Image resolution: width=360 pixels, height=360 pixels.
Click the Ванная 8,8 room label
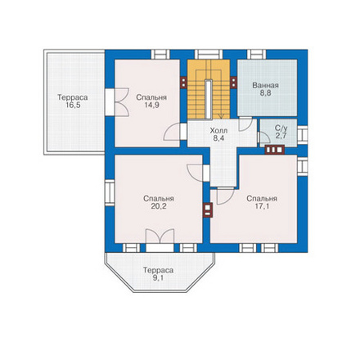pyautogui.click(x=265, y=89)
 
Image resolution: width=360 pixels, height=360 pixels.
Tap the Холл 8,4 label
pyautogui.click(x=218, y=134)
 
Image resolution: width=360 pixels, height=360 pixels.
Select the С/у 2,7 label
pyautogui.click(x=281, y=132)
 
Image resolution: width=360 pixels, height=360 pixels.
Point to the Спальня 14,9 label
pyautogui.click(x=151, y=101)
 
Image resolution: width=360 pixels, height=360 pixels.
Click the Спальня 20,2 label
pyautogui.click(x=159, y=202)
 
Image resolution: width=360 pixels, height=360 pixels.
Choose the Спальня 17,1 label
pyautogui.click(x=262, y=202)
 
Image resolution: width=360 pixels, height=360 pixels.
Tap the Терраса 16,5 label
pyautogui.click(x=73, y=101)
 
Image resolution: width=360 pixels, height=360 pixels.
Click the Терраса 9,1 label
pyautogui.click(x=159, y=274)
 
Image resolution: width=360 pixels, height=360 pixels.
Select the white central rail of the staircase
pyautogui.click(x=209, y=99)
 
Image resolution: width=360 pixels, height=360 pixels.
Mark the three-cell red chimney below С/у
pyautogui.click(x=275, y=150)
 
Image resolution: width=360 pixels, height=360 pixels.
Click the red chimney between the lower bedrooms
pyautogui.click(x=208, y=210)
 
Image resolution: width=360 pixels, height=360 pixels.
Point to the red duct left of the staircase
pyautogui.click(x=183, y=83)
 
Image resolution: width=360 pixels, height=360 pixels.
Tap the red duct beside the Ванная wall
pyautogui.click(x=233, y=83)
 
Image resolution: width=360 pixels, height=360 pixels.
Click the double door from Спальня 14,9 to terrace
pyautogui.click(x=121, y=102)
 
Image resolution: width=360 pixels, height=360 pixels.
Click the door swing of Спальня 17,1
pyautogui.click(x=225, y=196)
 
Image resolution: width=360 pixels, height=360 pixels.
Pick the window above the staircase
pyautogui.click(x=209, y=54)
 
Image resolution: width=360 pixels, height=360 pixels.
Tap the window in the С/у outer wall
pyautogui.click(x=303, y=135)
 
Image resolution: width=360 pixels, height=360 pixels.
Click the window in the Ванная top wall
pyautogui.click(x=256, y=54)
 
